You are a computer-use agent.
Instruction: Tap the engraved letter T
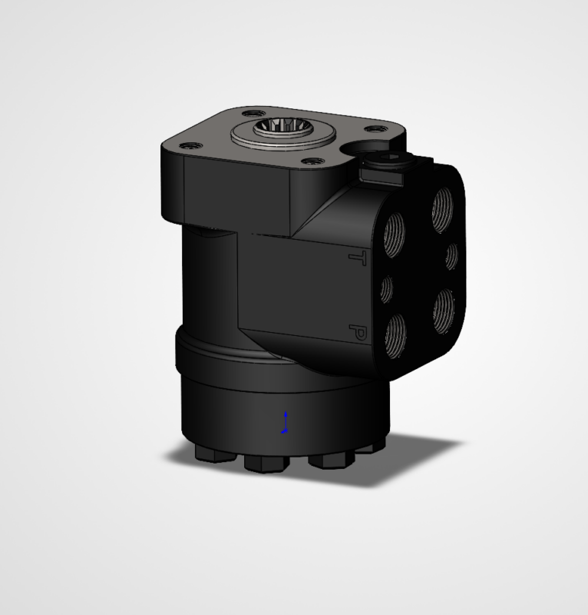(x=358, y=258)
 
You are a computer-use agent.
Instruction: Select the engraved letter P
(x=358, y=332)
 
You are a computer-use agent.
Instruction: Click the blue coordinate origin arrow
(x=286, y=422)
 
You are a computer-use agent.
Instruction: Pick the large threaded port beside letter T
(x=394, y=234)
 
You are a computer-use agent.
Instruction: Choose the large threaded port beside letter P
(x=395, y=336)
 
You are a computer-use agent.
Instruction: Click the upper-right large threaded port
(x=443, y=210)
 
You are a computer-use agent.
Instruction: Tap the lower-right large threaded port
(x=444, y=311)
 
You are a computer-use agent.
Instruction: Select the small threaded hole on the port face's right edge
(x=451, y=256)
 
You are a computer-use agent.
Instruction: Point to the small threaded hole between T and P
(x=387, y=289)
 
